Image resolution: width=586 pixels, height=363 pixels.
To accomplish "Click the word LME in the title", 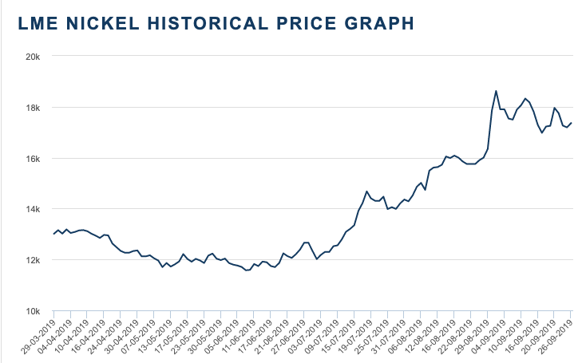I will click(34, 25).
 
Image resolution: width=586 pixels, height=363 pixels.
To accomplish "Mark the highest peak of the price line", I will click(496, 91).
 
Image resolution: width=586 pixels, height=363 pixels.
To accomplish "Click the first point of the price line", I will click(53, 234).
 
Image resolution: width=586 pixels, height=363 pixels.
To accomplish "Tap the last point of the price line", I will click(571, 123).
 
